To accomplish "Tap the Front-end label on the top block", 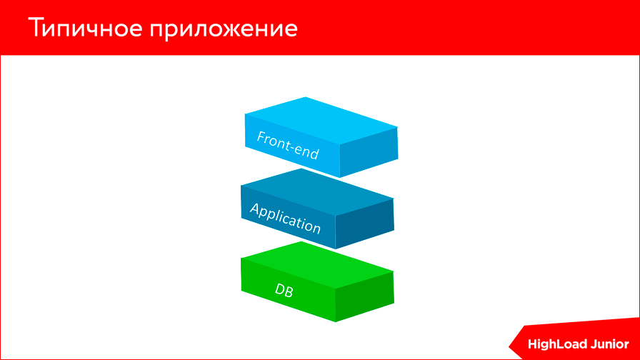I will pyautogui.click(x=288, y=145).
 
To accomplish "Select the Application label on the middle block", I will pyautogui.click(x=285, y=218).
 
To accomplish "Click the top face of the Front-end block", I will pyautogui.click(x=321, y=119).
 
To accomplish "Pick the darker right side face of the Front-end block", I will pyautogui.click(x=368, y=151).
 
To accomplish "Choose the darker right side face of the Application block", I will pyautogui.click(x=364, y=224).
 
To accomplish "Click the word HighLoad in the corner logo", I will pyautogui.click(x=558, y=344).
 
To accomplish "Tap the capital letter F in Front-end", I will pyautogui.click(x=261, y=135).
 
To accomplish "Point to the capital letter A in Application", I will pyautogui.click(x=254, y=209).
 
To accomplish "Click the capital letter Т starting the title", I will pyautogui.click(x=37, y=29).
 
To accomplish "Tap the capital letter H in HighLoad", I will pyautogui.click(x=533, y=344).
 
